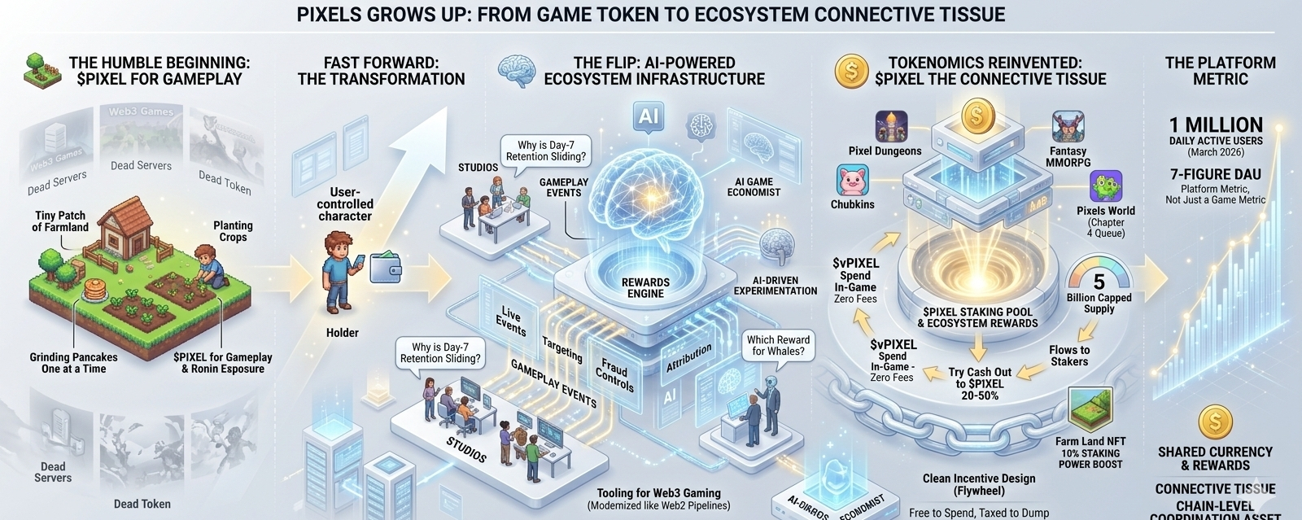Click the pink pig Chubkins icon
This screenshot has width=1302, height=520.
(x=853, y=180)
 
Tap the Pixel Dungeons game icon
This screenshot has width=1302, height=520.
(x=891, y=127)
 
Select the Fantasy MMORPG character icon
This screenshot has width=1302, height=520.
(x=1068, y=127)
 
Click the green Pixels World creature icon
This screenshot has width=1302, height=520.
(x=1106, y=186)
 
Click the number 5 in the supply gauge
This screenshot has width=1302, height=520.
(x=1099, y=282)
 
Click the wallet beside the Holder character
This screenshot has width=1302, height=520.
(x=385, y=267)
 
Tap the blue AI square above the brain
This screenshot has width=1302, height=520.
(x=649, y=116)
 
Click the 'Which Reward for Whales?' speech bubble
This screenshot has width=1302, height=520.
(x=778, y=345)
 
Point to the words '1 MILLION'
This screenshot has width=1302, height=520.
(x=1216, y=125)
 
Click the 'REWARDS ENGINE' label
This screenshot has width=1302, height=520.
(x=645, y=288)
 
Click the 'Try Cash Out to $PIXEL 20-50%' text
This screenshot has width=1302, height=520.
(x=981, y=383)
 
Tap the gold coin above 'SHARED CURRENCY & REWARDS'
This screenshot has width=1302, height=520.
(x=1215, y=422)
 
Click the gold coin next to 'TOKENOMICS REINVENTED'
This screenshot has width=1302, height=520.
(x=851, y=72)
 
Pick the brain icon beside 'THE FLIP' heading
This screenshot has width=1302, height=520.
(x=518, y=72)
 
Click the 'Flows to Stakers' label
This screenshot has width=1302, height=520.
(x=1069, y=356)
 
